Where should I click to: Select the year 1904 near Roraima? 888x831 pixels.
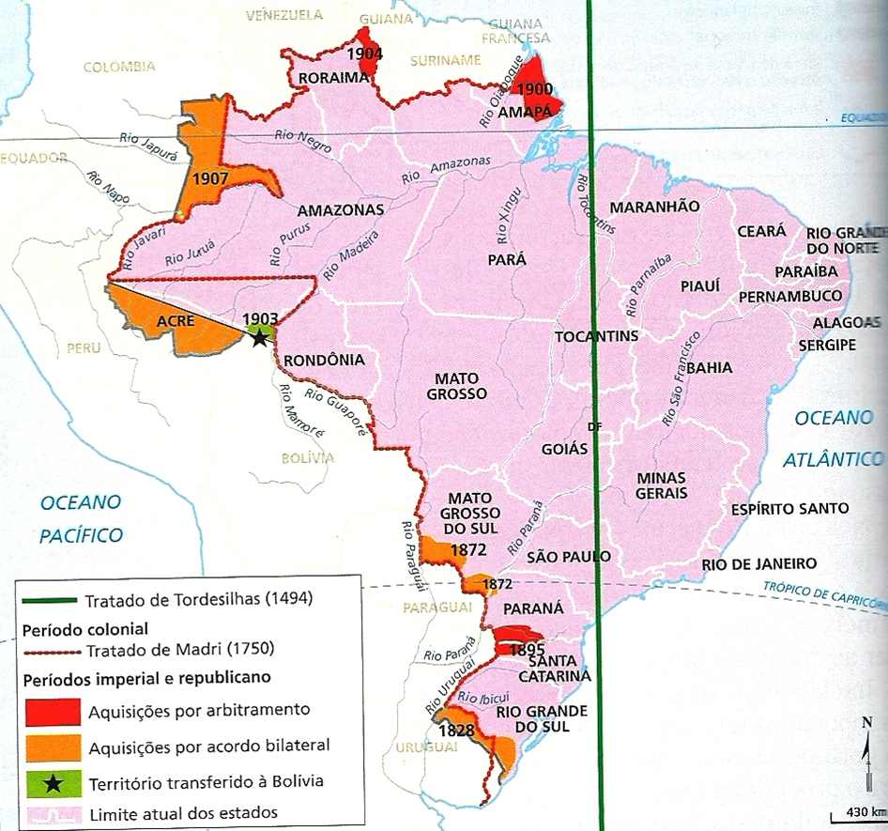coord(363,54)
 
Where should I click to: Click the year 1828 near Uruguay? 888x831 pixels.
coord(455,730)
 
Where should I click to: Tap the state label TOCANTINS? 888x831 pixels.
coord(597,336)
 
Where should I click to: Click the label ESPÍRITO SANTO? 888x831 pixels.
coord(789,509)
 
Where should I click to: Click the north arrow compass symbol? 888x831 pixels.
coord(865,747)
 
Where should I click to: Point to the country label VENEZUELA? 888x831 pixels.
coord(283,15)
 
